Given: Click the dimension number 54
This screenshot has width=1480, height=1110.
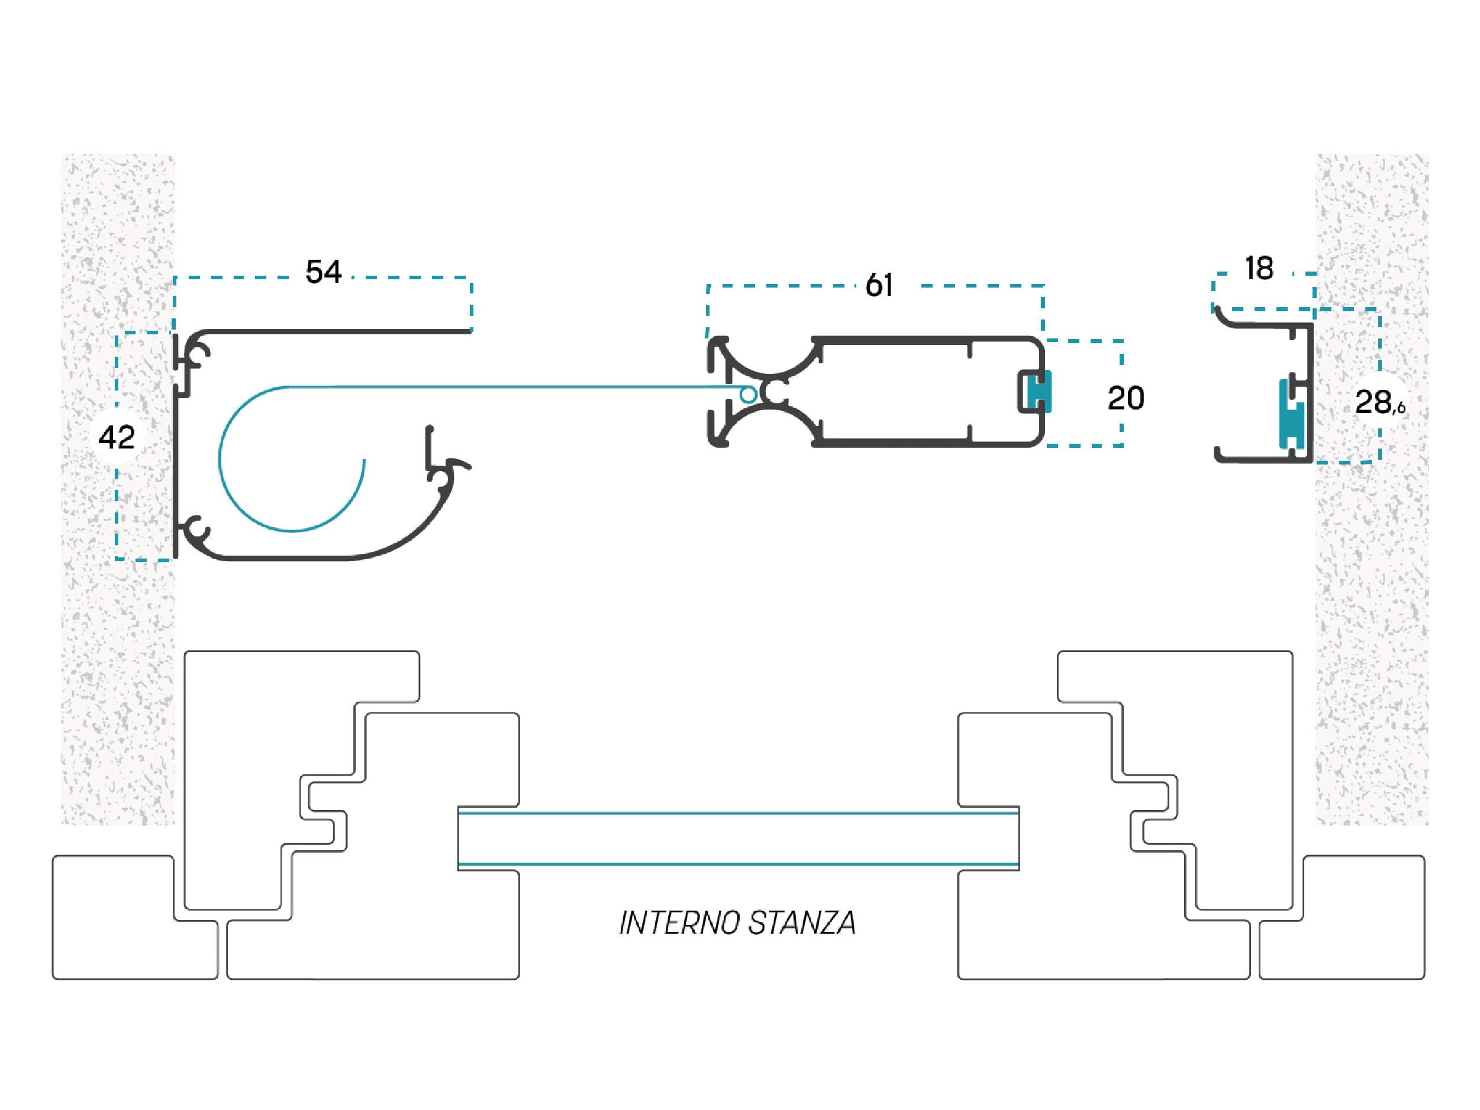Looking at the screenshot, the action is pyautogui.click(x=323, y=272).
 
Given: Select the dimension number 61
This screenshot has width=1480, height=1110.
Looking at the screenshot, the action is pyautogui.click(x=879, y=286).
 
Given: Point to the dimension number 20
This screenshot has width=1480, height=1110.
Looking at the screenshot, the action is pyautogui.click(x=1126, y=398).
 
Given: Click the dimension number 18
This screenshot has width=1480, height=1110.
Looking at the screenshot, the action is pyautogui.click(x=1259, y=269).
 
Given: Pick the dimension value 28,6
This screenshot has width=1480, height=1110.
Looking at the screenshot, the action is pyautogui.click(x=1379, y=402).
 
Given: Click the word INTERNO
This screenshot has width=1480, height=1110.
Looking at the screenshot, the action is pyautogui.click(x=679, y=924).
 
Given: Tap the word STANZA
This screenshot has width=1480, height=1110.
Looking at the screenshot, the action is pyautogui.click(x=802, y=924).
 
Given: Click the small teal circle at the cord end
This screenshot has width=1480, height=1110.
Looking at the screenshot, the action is pyautogui.click(x=749, y=395).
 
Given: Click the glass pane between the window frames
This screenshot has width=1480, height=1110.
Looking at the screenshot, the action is pyautogui.click(x=738, y=838).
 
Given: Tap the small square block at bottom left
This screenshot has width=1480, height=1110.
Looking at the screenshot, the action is pyautogui.click(x=135, y=917).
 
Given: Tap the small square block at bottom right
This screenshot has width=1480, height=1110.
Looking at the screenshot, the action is pyautogui.click(x=1342, y=917).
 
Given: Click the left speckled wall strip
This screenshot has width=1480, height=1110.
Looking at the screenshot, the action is pyautogui.click(x=118, y=488).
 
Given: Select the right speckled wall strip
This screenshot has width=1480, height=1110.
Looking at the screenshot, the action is pyautogui.click(x=1372, y=488).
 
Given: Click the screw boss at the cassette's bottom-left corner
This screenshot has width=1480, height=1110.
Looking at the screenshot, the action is pyautogui.click(x=198, y=529).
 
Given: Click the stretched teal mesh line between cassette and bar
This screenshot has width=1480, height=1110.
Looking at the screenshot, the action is pyautogui.click(x=515, y=387).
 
